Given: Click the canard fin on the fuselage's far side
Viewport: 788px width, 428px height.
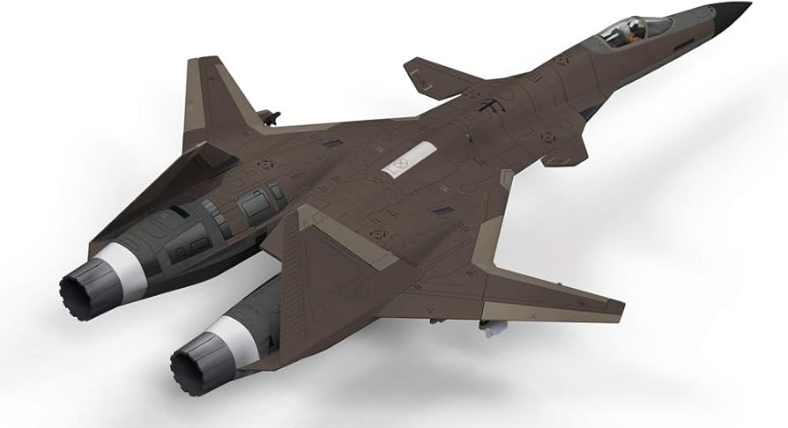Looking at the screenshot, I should (440, 74).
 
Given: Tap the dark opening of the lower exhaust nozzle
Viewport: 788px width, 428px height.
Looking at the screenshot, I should (194, 361).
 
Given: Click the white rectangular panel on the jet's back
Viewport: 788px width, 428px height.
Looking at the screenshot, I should (401, 162).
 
